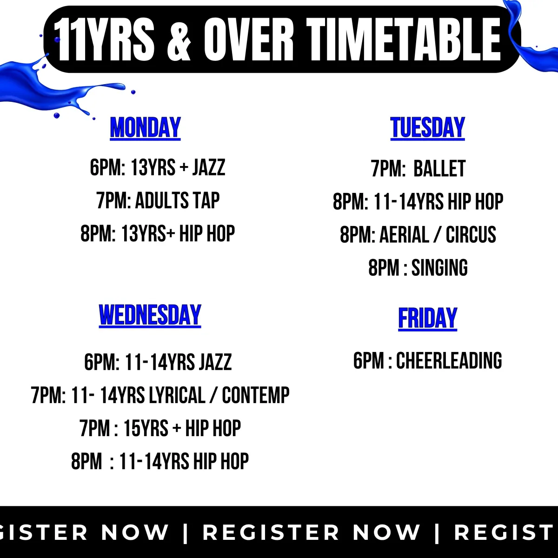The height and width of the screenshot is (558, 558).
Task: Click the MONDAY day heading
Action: (146, 128)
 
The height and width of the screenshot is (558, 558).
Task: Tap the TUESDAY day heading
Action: (427, 128)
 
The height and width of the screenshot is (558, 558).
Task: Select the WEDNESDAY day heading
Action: (150, 315)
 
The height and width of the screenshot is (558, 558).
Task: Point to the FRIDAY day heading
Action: (428, 319)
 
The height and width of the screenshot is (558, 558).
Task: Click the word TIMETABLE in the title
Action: (404, 40)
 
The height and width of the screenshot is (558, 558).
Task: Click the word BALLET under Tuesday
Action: (439, 168)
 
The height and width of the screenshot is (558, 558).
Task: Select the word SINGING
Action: (439, 267)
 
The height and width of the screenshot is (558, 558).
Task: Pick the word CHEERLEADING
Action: (449, 360)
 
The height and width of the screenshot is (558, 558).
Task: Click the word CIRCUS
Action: (471, 234)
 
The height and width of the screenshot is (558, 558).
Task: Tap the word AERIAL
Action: (404, 234)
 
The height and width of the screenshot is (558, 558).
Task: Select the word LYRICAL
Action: (177, 395)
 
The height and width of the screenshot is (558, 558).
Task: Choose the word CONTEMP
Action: (256, 395)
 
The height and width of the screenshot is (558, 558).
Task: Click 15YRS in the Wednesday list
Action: (146, 428)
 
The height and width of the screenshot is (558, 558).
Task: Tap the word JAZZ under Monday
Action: (209, 167)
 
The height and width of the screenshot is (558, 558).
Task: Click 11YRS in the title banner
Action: (104, 40)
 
